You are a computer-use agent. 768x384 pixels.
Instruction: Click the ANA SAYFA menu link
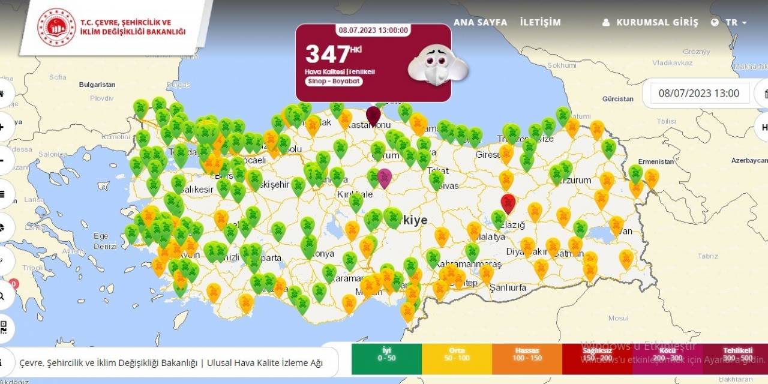(x=480, y=22)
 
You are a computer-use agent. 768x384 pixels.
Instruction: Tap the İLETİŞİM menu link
(x=540, y=22)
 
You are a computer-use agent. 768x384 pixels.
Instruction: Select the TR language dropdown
(x=730, y=22)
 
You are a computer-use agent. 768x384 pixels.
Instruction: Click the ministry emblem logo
(x=56, y=27)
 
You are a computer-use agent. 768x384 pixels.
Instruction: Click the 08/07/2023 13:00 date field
(x=699, y=93)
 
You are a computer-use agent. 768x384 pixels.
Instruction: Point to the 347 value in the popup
(x=328, y=54)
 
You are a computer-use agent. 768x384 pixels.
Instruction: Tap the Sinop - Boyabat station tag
(x=334, y=81)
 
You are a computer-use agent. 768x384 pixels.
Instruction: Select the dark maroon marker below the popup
(x=373, y=115)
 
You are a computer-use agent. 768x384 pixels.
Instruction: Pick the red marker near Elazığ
(x=508, y=202)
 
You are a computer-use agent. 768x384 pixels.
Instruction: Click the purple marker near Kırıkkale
(x=384, y=177)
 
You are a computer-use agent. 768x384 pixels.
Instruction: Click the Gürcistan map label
(x=617, y=98)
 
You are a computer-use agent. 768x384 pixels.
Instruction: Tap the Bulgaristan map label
(x=97, y=85)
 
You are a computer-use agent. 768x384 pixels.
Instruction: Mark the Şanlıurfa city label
(x=508, y=287)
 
